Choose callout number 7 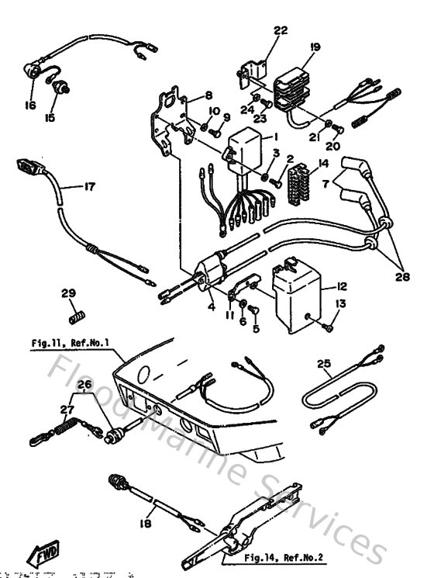point(325,182)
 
